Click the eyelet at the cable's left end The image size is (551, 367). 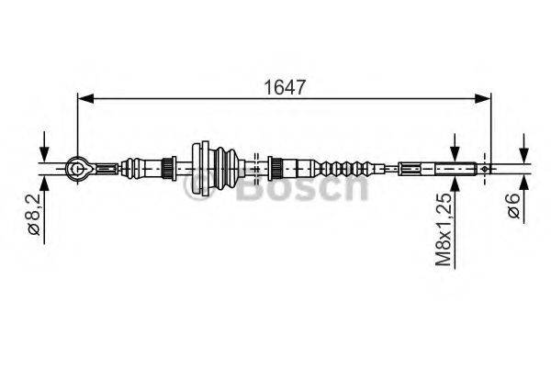click(x=77, y=167)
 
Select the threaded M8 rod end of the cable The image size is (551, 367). click(x=456, y=168)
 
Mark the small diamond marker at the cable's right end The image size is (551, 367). click(x=483, y=168)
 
